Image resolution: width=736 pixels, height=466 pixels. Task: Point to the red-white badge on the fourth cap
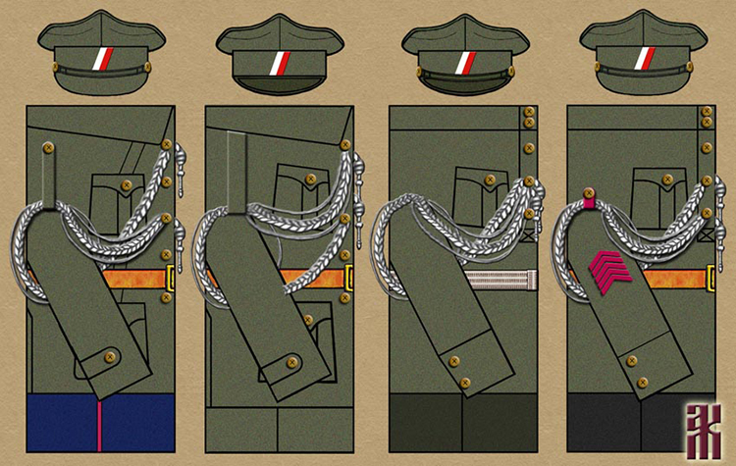click(x=644, y=57)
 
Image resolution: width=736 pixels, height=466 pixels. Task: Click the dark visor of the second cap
click(x=284, y=82)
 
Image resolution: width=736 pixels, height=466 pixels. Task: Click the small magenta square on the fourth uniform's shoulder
click(x=589, y=203)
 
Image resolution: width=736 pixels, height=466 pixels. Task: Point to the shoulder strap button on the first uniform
click(x=46, y=148)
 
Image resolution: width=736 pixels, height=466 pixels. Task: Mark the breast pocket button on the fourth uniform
click(x=667, y=180)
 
